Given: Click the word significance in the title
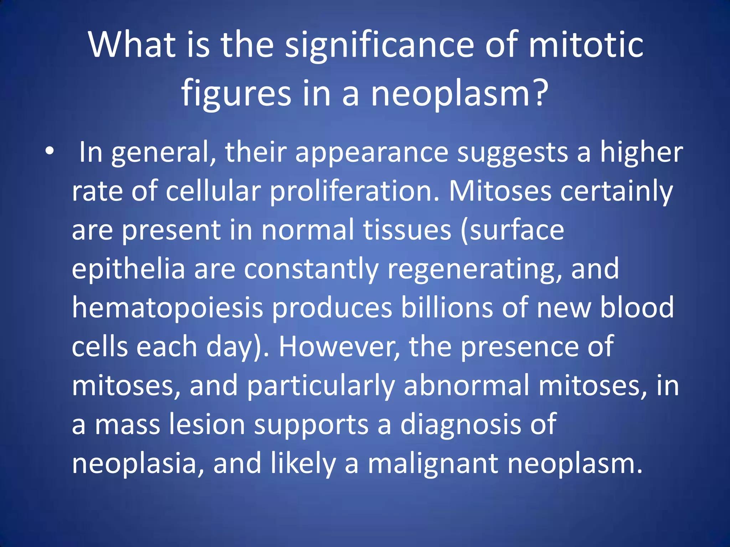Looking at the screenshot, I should (x=379, y=46).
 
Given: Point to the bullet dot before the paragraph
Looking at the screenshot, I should (x=50, y=151).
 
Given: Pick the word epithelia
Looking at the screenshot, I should (x=129, y=270).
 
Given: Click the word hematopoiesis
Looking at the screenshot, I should (x=168, y=308).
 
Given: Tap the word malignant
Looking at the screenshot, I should (x=433, y=464).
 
